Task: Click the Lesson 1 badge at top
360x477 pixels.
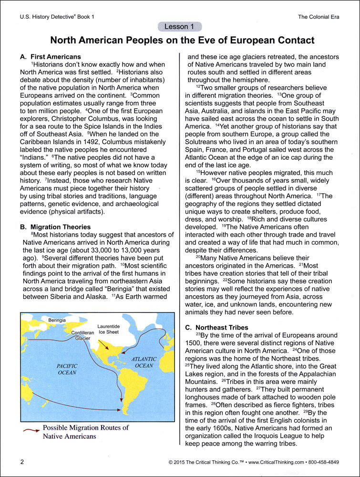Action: pos(179,27)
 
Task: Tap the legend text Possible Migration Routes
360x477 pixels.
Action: pos(86,427)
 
